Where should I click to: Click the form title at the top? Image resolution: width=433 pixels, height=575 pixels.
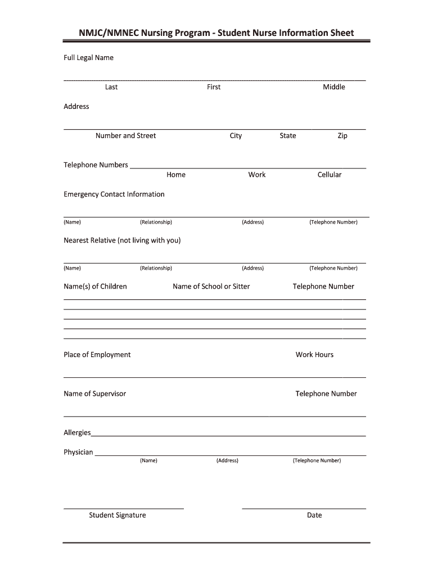216,33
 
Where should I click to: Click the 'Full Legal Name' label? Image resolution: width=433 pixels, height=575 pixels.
88,58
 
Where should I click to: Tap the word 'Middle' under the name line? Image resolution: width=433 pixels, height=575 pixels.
333,87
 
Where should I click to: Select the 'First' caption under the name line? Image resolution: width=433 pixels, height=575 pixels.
214,87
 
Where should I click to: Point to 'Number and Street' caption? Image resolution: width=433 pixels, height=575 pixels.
125,136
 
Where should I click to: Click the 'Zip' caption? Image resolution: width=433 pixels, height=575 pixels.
342,136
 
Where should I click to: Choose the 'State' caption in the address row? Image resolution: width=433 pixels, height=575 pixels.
287,136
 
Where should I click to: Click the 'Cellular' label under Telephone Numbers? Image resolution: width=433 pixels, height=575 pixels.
329,175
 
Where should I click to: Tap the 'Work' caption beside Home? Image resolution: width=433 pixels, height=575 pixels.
256,175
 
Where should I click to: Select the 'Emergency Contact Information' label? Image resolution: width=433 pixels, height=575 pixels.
114,194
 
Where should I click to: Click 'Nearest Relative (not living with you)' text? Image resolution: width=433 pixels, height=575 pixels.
122,240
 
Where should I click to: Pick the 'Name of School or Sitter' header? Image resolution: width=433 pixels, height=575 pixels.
211,286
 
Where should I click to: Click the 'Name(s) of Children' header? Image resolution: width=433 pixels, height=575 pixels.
95,286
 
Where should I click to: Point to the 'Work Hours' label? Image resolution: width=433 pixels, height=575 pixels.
314,355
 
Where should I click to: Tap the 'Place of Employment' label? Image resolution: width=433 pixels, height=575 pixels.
97,355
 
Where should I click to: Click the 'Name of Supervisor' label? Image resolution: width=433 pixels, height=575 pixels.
94,394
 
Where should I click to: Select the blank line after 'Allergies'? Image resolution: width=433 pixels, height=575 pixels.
228,435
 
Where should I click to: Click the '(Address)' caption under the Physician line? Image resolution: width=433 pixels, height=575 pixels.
227,460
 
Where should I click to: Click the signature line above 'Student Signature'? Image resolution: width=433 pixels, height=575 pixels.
123,508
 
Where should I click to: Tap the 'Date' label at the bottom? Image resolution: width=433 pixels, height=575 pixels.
314,515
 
